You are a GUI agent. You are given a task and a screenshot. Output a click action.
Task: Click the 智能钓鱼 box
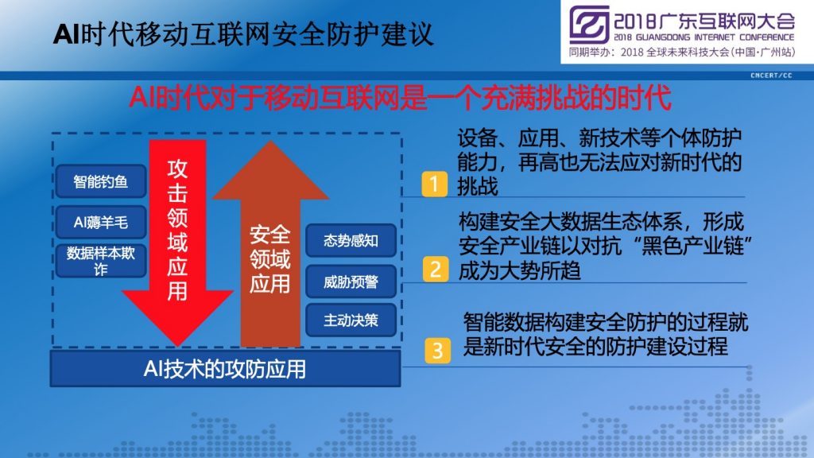coord(101,181)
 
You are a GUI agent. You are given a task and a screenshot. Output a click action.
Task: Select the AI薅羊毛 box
coord(101,223)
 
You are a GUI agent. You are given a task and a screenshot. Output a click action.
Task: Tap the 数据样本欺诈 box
coord(101,260)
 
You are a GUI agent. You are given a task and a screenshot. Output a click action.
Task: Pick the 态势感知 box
coord(351,240)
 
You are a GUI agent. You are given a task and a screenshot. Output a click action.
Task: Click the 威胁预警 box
coord(351,281)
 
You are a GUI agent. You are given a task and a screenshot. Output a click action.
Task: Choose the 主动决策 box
coord(351,320)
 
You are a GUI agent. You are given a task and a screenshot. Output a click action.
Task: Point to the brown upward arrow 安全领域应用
coord(270,244)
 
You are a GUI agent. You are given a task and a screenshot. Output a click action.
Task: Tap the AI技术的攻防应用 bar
coord(225,369)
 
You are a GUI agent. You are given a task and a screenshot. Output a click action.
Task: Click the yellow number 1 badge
coord(435,184)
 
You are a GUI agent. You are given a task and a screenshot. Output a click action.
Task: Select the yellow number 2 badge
coord(436,269)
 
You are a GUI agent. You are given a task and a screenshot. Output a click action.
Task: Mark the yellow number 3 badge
coord(438,351)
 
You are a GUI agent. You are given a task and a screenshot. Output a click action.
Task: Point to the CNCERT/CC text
coord(771,76)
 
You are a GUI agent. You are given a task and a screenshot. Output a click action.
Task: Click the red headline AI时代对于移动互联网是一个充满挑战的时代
coord(401,97)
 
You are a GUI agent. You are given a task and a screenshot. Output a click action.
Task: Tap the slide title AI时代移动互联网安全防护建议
coord(243,34)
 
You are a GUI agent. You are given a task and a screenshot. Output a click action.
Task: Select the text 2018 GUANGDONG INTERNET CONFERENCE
coord(704,37)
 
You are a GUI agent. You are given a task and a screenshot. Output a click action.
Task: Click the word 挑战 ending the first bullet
coord(477,186)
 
